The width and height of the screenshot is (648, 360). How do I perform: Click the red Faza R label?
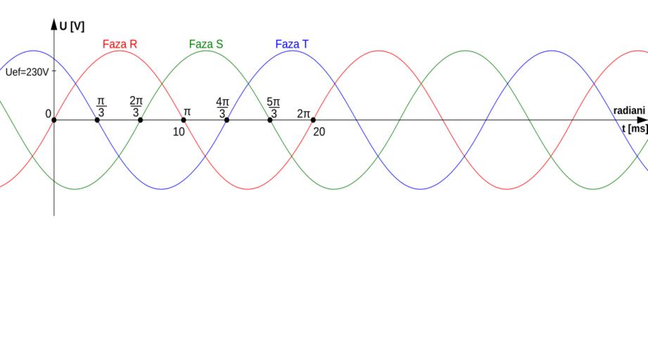[120, 44]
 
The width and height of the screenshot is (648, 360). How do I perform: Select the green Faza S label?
[206, 44]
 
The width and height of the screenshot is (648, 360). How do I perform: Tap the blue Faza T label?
[292, 44]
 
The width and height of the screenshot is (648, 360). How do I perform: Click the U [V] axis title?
[72, 27]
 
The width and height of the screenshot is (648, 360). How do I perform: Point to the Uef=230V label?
[27, 72]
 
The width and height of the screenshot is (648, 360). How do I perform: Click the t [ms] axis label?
[635, 129]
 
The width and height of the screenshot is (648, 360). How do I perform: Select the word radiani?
[629, 110]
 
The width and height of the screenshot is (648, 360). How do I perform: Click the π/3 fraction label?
[101, 108]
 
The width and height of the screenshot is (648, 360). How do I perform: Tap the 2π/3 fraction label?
[136, 106]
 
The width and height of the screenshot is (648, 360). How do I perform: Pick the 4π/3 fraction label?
[222, 108]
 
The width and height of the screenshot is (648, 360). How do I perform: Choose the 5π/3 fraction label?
[273, 108]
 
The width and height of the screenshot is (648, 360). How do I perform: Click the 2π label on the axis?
[303, 113]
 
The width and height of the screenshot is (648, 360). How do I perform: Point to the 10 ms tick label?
[179, 131]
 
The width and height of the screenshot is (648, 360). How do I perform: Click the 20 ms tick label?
[319, 131]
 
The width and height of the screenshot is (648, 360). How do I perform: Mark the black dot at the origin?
[54, 120]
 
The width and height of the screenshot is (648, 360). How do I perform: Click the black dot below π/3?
[97, 120]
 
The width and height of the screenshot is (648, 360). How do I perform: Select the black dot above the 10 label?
[184, 120]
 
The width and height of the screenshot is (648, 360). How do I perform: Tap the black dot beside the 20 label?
[313, 120]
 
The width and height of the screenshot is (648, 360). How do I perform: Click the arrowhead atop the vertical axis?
[54, 24]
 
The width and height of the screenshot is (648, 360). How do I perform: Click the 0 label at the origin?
[49, 114]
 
